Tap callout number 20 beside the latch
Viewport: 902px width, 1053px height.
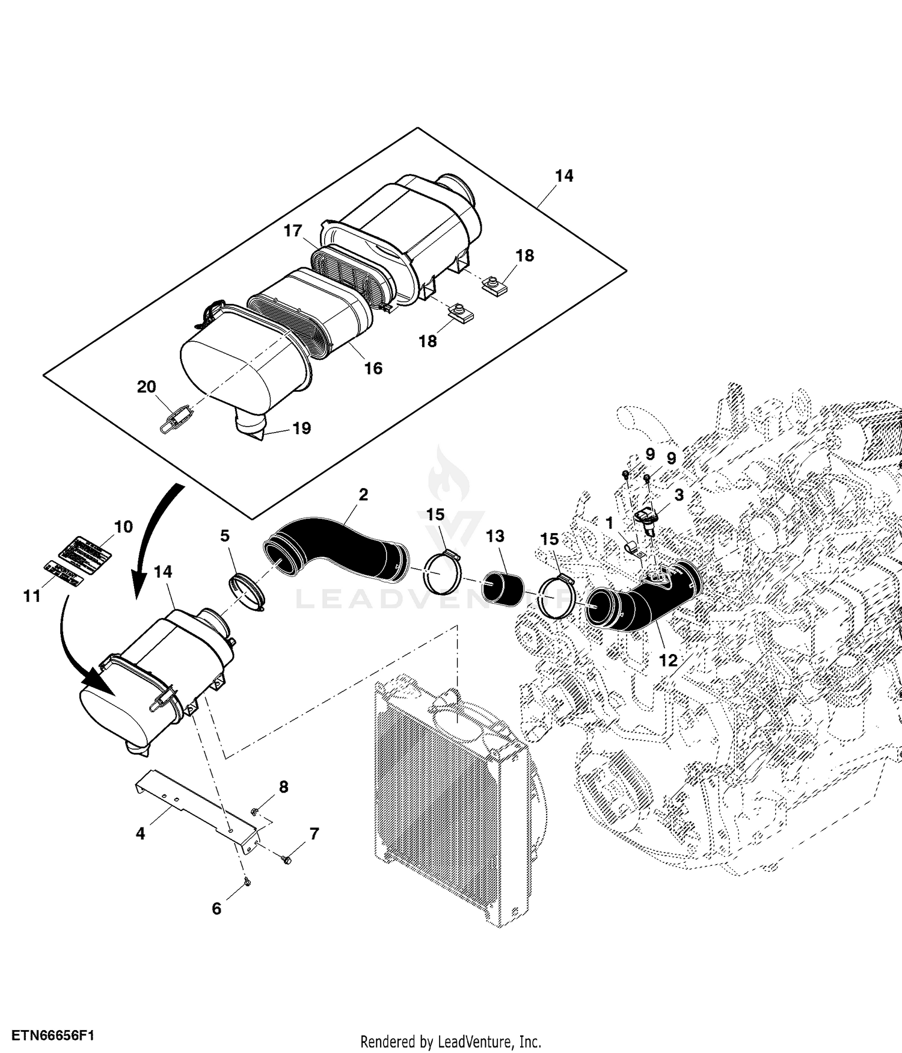(x=147, y=387)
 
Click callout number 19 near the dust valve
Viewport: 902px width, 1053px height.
(x=301, y=428)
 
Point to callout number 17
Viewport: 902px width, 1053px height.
(x=293, y=231)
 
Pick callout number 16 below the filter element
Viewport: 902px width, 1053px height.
(x=373, y=368)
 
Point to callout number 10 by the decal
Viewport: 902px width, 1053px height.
(x=123, y=527)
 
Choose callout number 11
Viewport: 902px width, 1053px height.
(x=32, y=596)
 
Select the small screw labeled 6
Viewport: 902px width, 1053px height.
(x=247, y=882)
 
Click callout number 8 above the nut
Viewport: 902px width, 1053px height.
(x=283, y=786)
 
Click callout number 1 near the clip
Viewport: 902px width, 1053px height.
(x=609, y=522)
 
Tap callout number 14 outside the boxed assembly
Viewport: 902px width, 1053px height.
(x=163, y=572)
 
